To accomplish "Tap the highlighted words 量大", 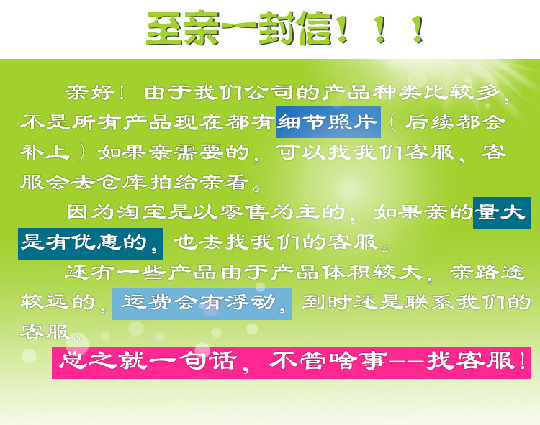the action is pyautogui.click(x=500, y=212).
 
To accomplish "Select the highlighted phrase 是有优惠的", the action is pyautogui.click(x=84, y=242).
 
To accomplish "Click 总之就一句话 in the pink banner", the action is pyautogui.click(x=148, y=361).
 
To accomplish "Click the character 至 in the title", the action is pyautogui.click(x=166, y=29).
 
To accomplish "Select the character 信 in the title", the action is pyautogui.click(x=312, y=29).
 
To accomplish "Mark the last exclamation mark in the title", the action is pyautogui.click(x=418, y=29).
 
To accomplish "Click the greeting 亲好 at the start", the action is pyautogui.click(x=91, y=92).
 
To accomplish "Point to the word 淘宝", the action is pyautogui.click(x=142, y=212).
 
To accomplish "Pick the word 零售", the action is pyautogui.click(x=244, y=212).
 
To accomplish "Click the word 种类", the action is pyautogui.click(x=397, y=92).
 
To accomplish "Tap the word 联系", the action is pyautogui.click(x=429, y=303).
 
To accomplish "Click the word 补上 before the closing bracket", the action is pyautogui.click(x=45, y=152).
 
